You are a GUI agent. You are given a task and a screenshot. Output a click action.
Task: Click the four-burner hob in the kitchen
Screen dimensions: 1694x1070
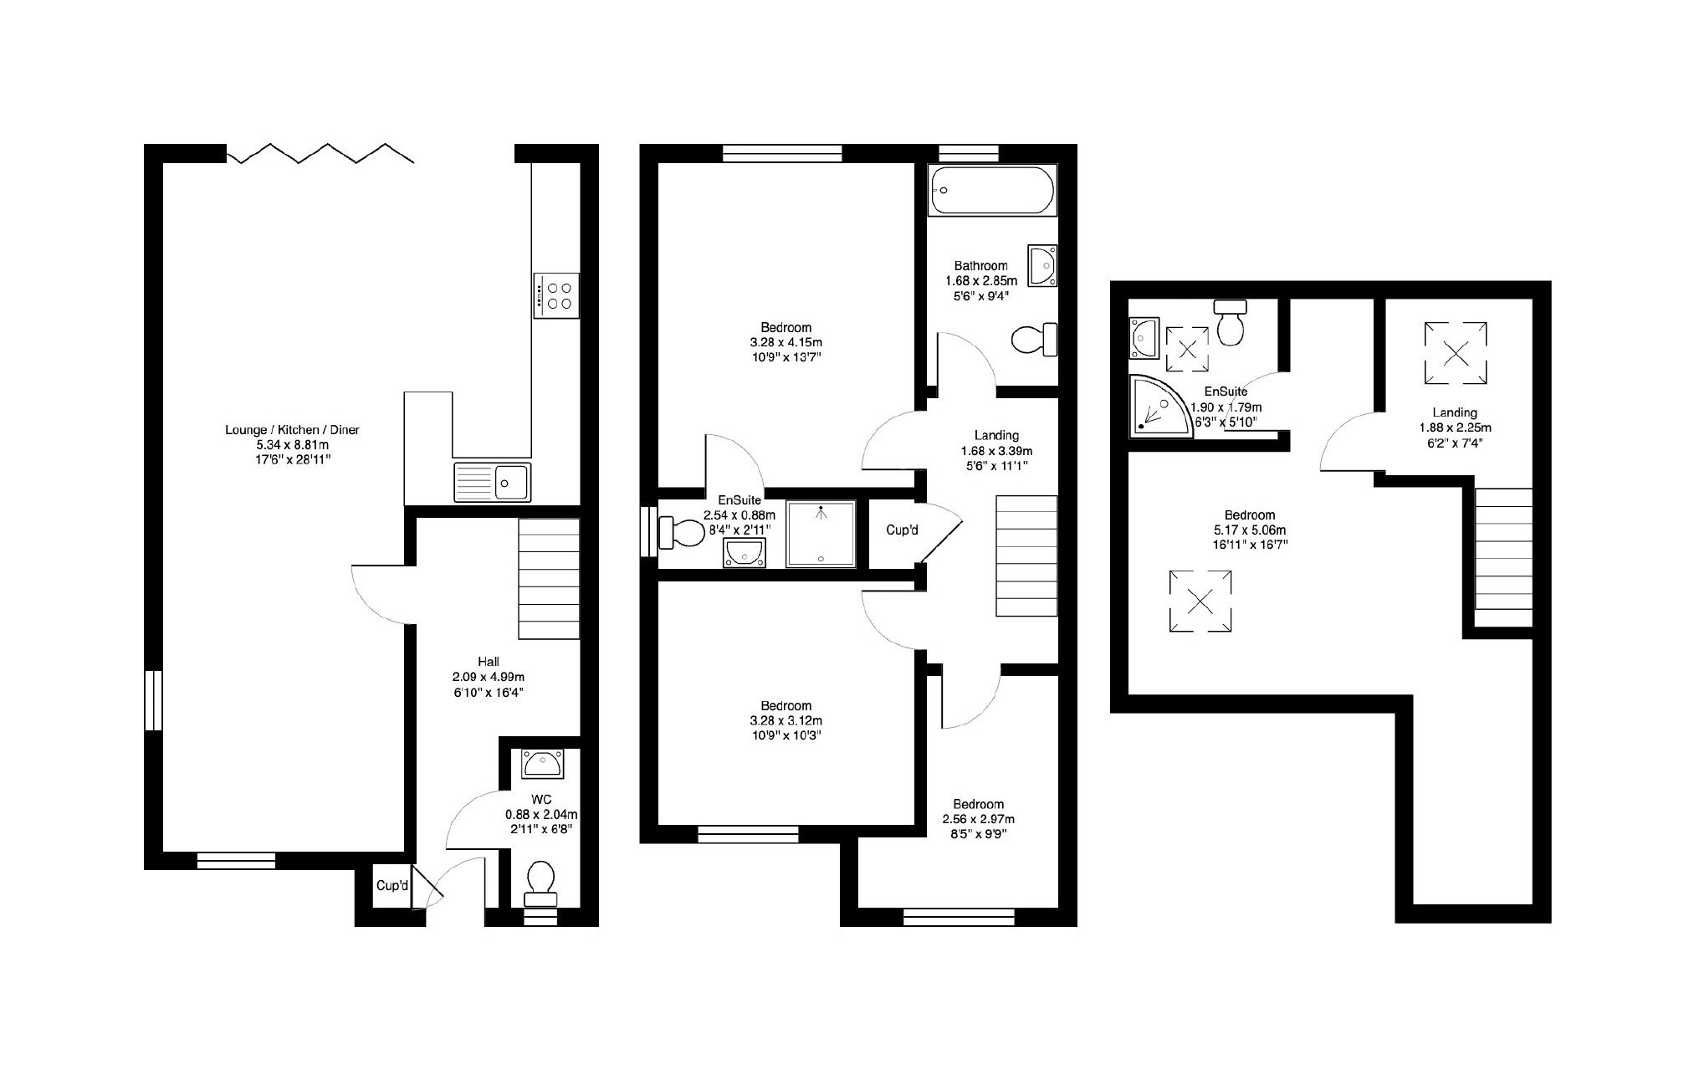(555, 295)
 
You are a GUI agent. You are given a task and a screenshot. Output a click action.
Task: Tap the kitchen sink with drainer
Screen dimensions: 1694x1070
(492, 482)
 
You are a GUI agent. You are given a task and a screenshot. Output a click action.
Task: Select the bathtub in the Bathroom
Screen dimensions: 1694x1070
(992, 191)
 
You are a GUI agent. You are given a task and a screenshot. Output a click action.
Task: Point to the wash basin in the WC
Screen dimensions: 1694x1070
(542, 763)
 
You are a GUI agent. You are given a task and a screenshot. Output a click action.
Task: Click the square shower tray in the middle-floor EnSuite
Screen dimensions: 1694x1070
(821, 534)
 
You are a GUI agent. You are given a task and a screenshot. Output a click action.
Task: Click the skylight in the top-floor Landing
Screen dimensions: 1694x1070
(1456, 354)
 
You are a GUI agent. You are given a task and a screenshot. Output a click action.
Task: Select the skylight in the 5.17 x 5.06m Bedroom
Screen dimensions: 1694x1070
(1200, 601)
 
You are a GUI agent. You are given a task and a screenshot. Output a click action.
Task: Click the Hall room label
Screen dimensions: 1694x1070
(489, 662)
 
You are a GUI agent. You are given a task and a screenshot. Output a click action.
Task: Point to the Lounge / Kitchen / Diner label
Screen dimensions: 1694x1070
(292, 430)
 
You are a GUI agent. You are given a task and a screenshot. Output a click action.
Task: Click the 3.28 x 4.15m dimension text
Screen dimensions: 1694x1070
(786, 343)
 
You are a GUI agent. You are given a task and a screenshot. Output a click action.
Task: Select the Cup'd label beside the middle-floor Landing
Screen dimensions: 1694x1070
(903, 530)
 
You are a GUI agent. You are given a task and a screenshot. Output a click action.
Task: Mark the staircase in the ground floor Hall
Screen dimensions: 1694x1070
(549, 579)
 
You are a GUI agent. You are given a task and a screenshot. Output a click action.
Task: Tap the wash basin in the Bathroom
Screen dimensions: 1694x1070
(1042, 266)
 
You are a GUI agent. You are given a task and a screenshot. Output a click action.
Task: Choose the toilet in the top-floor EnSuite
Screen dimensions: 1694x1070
(1231, 322)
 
